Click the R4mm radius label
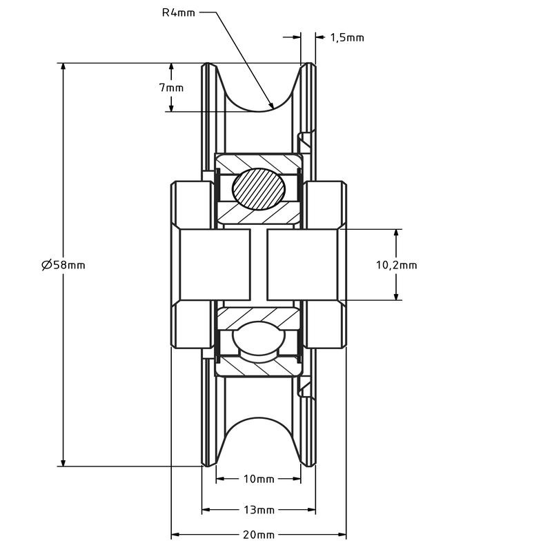click(178, 12)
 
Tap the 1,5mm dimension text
click(347, 38)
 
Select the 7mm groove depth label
click(171, 88)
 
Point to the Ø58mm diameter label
click(63, 264)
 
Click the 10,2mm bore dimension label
click(396, 265)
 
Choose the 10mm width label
click(258, 479)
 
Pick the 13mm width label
click(258, 509)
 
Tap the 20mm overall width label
click(258, 535)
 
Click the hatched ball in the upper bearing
click(259, 189)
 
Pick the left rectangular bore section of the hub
click(215, 265)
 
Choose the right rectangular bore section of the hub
click(302, 265)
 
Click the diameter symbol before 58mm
click(46, 264)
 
